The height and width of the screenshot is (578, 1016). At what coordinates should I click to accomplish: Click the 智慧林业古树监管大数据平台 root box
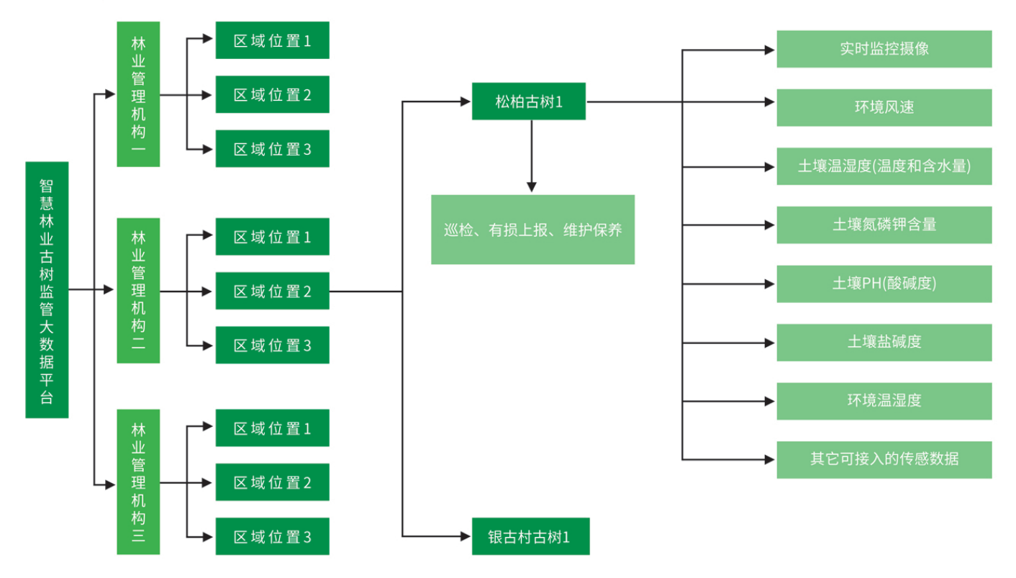(x=47, y=289)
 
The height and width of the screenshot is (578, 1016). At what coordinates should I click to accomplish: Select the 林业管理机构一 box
(x=138, y=94)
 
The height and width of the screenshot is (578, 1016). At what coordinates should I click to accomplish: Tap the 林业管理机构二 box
(x=138, y=290)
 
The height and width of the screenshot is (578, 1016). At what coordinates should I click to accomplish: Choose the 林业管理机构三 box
(x=138, y=482)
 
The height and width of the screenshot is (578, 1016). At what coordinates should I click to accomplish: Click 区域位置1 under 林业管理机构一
(x=272, y=40)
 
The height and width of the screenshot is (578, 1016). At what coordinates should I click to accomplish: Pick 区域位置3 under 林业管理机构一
(x=272, y=149)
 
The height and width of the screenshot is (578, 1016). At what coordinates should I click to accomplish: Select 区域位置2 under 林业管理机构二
(x=272, y=291)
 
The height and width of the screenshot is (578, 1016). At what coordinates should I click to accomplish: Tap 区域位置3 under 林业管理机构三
(x=272, y=536)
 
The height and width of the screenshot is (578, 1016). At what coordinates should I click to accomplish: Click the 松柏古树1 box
(x=529, y=101)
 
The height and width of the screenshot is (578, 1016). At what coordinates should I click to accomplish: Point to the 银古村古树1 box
(x=530, y=536)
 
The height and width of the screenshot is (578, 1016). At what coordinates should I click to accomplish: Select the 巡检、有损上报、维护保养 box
(x=532, y=230)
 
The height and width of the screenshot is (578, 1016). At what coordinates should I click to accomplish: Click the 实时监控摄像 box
(x=884, y=49)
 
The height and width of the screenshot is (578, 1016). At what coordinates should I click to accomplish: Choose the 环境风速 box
(x=884, y=108)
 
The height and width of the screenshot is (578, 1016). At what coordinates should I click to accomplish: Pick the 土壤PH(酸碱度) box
(x=884, y=284)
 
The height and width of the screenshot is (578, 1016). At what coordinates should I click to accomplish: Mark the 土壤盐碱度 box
(x=884, y=342)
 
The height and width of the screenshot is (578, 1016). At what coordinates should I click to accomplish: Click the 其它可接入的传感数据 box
(x=884, y=459)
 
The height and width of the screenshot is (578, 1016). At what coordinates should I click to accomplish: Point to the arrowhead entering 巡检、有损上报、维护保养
(x=532, y=187)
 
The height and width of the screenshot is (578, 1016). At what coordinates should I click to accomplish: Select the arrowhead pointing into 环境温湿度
(x=769, y=401)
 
